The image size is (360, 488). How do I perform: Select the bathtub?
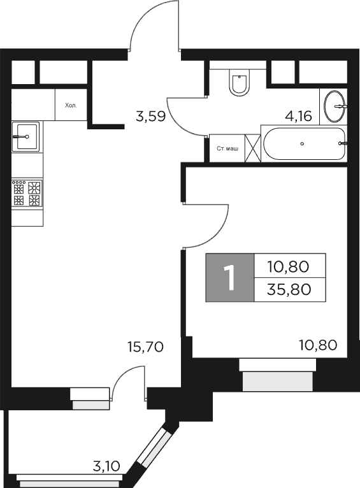tap(303, 145)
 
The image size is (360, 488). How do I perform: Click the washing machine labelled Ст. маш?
tap(227, 148)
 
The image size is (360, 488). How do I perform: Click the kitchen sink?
tap(26, 136)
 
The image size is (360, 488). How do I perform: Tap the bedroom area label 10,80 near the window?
tap(317, 347)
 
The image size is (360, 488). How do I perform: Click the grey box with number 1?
tap(229, 278)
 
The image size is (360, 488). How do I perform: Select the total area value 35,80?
tap(290, 290)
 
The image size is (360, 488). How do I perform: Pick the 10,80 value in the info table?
tap(290, 265)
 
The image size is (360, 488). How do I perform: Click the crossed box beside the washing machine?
tap(252, 148)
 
